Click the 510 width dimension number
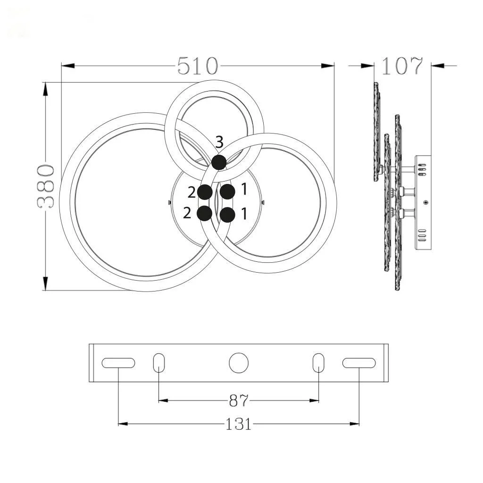click(x=198, y=66)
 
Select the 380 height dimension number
click(x=46, y=186)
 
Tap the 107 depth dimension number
click(x=402, y=66)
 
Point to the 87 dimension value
click(x=238, y=400)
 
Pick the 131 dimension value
click(x=239, y=424)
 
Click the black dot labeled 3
click(x=219, y=162)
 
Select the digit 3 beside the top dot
click(x=219, y=142)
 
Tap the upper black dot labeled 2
click(x=205, y=192)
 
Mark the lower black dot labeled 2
click(x=205, y=213)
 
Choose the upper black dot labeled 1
click(x=228, y=192)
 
